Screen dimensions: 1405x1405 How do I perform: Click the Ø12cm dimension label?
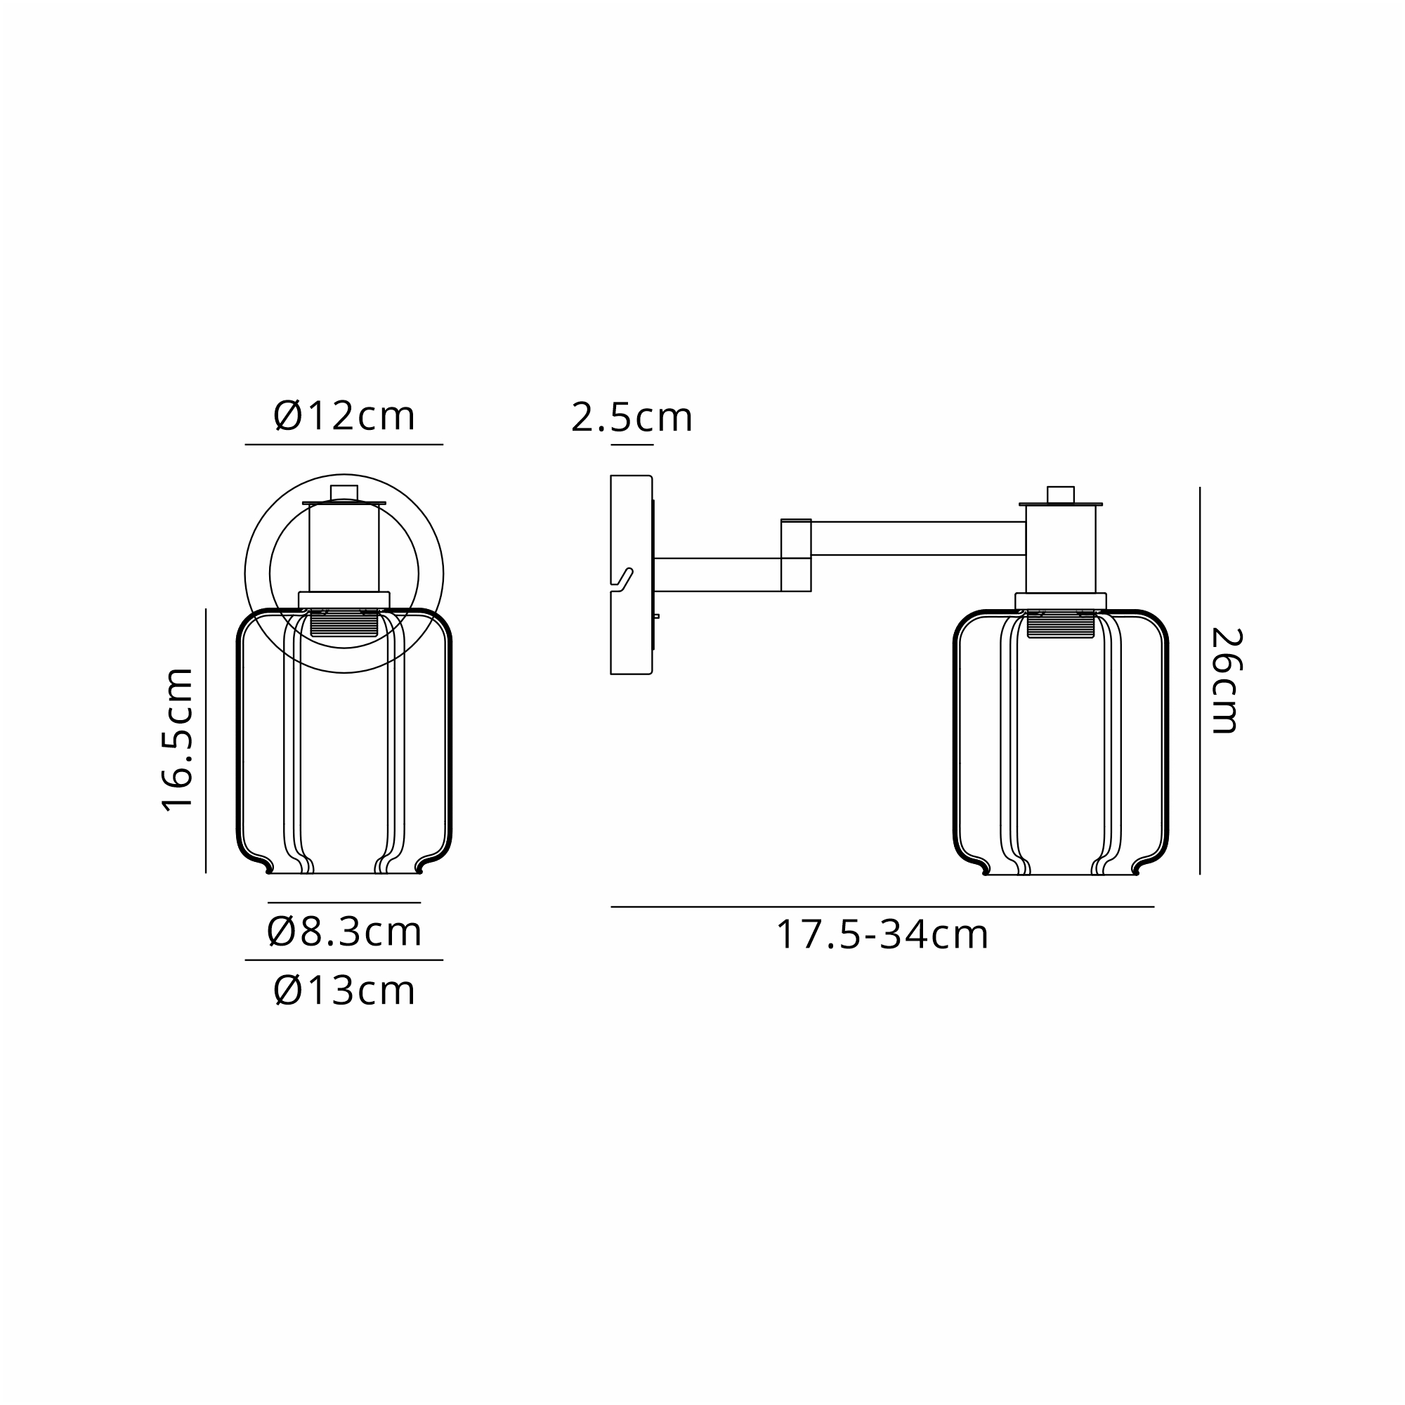[344, 417]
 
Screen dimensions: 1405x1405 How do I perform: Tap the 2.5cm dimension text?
[632, 417]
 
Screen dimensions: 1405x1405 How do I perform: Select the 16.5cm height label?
[178, 739]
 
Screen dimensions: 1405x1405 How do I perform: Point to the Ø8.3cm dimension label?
[344, 932]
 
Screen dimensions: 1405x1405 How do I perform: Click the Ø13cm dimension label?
[344, 991]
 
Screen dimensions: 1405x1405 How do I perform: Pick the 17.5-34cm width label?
[882, 934]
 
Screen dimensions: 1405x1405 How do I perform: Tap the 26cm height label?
[1225, 681]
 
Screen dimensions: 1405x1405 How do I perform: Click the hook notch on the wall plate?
[622, 580]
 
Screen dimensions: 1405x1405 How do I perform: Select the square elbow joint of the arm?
[796, 555]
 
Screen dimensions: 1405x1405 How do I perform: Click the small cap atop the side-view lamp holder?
[1060, 495]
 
